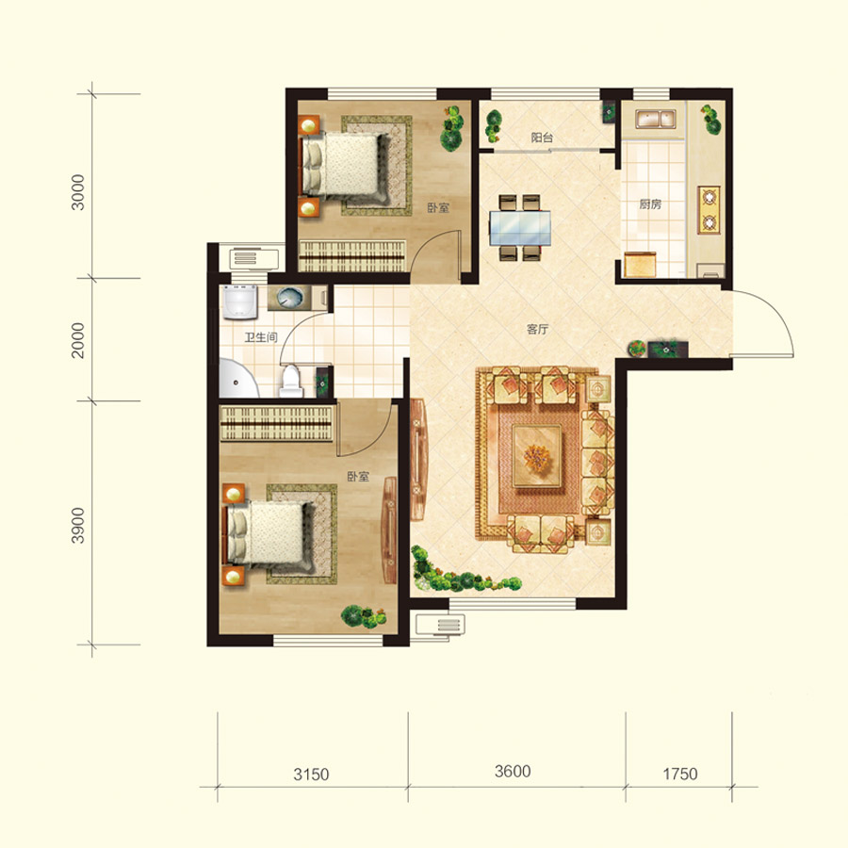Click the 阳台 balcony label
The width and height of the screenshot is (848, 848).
[542, 138]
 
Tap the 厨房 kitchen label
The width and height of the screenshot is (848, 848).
[650, 204]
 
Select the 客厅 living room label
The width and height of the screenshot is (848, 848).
[538, 329]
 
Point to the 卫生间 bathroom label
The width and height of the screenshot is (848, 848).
[261, 337]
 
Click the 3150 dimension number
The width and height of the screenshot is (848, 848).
[311, 775]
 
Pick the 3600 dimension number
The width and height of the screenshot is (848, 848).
[513, 771]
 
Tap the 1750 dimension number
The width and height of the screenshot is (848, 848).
[679, 774]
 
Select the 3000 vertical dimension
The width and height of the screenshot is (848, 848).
[78, 192]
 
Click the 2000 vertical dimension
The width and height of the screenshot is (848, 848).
[78, 340]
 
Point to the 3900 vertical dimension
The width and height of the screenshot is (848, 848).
[78, 525]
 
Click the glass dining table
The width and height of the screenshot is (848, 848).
[520, 228]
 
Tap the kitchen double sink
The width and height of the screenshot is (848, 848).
[656, 119]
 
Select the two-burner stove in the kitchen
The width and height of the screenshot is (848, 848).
[709, 210]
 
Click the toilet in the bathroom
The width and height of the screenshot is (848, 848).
[291, 382]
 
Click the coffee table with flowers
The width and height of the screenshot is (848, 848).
[536, 456]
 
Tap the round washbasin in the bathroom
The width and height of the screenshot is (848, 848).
[290, 298]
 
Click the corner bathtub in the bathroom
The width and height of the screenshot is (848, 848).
[238, 378]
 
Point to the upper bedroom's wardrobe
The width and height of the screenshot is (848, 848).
[352, 255]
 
